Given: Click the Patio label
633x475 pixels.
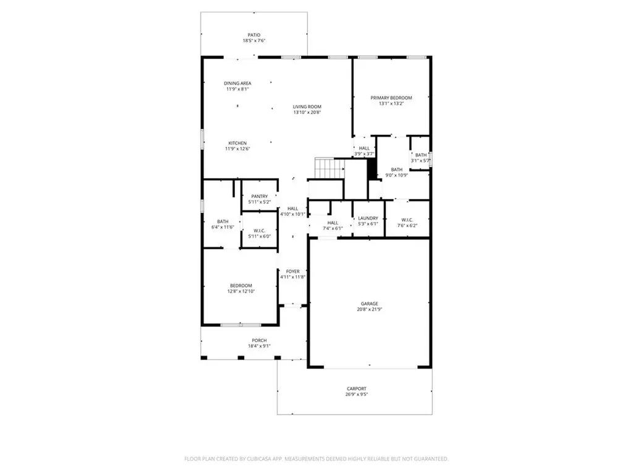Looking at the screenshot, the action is tap(254, 35).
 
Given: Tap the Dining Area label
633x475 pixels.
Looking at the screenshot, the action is tap(237, 83).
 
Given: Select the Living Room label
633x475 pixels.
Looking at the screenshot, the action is tap(307, 106).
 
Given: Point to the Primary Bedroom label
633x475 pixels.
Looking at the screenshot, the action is tap(391, 98).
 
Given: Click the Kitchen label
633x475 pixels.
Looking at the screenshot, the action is tap(237, 143).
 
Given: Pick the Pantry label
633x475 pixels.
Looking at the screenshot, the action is tap(259, 196).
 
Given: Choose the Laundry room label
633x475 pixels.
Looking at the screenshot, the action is tap(368, 218).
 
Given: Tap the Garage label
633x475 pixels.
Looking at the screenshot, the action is tap(370, 304).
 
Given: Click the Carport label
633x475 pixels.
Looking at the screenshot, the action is tap(357, 389).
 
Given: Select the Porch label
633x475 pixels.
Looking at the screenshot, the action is tap(259, 341).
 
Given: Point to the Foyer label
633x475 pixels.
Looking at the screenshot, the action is tap(292, 272).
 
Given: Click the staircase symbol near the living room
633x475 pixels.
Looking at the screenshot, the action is tap(330, 168).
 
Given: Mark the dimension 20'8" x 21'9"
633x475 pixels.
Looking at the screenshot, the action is tap(370, 309).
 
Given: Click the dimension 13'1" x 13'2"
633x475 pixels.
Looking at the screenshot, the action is tap(391, 103).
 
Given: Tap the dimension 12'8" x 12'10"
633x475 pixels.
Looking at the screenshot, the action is tap(241, 291).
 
